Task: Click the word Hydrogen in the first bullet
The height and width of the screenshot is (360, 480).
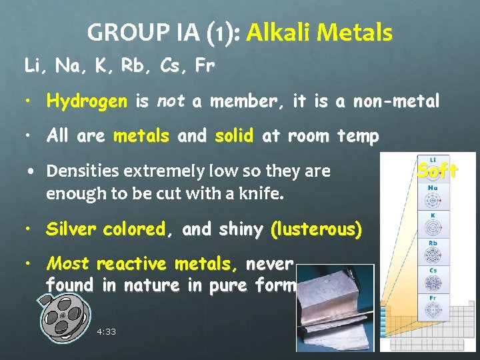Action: click(87, 101)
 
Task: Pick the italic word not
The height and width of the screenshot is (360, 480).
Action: click(171, 101)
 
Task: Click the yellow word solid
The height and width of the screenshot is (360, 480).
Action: click(234, 137)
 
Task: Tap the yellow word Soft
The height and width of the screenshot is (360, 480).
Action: click(437, 171)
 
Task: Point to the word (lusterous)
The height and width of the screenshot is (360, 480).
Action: click(316, 229)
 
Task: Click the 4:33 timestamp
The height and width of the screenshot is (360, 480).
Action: click(106, 331)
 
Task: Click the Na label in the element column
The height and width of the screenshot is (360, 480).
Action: click(433, 188)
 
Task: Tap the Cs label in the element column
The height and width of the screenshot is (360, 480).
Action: click(433, 270)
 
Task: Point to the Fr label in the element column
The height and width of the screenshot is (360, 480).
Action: click(433, 297)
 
